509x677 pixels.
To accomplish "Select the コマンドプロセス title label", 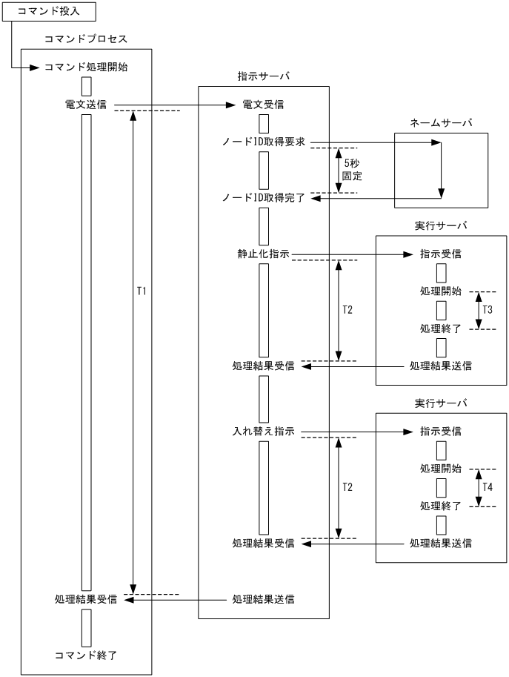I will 85,38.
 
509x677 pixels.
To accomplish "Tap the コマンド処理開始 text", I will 86,67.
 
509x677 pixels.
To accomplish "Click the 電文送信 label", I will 86,105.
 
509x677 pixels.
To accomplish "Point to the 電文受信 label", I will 263,105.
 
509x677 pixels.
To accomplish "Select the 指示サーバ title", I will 263,76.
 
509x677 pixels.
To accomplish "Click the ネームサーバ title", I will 441,123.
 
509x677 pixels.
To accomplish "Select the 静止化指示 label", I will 263,254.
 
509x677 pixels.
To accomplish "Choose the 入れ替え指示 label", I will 263,432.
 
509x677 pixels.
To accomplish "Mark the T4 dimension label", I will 488,487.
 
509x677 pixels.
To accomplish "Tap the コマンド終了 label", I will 86,655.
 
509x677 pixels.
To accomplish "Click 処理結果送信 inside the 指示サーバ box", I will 263,598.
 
